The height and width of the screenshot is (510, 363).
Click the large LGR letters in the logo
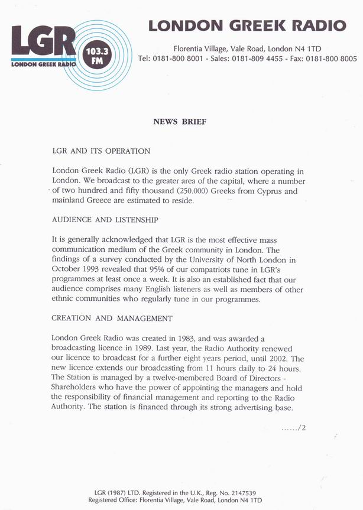[43, 43]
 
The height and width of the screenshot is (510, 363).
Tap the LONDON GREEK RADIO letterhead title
[247, 25]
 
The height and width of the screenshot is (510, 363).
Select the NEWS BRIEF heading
[180, 122]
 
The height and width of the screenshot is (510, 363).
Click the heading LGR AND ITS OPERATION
[101, 151]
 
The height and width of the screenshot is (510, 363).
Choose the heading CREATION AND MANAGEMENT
[112, 319]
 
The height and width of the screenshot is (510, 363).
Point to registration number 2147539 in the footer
[253, 492]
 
